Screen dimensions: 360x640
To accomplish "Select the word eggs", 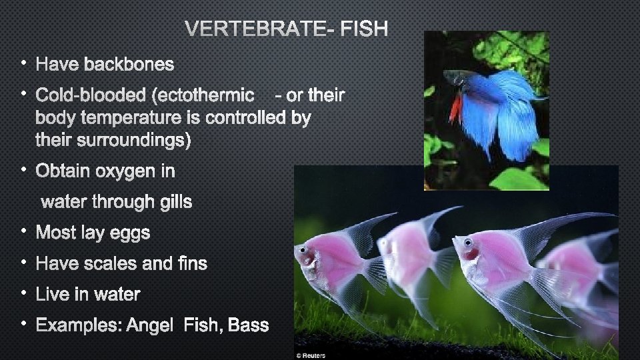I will [133, 233].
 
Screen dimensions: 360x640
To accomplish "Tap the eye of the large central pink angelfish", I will [467, 242].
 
